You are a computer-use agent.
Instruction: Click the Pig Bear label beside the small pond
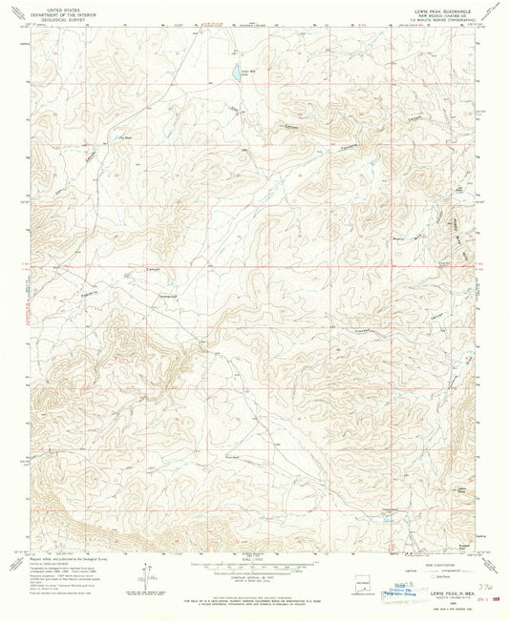pos(124,137)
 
